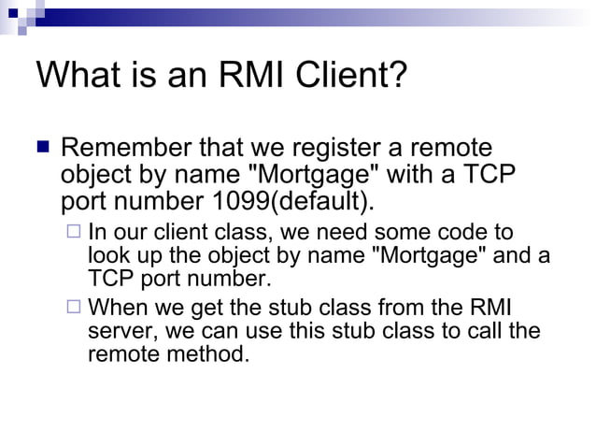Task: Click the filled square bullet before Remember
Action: click(x=43, y=148)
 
